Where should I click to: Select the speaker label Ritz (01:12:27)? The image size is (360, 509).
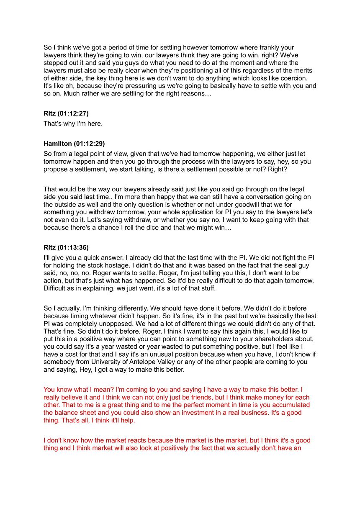66,113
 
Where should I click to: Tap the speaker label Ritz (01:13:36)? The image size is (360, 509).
66,248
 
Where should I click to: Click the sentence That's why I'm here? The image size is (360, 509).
73,123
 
